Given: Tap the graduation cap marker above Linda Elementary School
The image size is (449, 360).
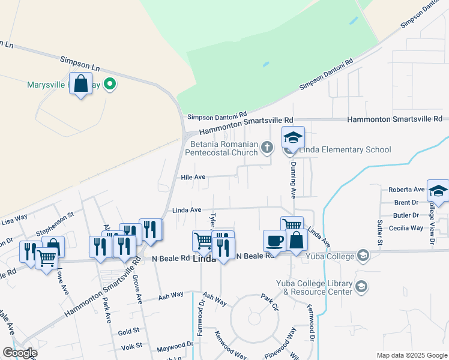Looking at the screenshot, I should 294,137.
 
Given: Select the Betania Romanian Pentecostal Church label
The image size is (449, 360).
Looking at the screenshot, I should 223,148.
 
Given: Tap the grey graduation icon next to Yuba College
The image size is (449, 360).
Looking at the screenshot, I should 363,256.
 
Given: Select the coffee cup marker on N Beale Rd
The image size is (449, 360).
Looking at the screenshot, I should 274,240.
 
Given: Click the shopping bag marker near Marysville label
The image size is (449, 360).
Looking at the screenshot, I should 80,83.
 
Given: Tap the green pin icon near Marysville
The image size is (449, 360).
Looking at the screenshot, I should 109,84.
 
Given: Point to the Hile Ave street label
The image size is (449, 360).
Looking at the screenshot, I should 193,177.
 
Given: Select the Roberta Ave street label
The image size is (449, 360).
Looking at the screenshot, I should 406,189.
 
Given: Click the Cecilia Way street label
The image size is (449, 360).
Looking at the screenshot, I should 406,228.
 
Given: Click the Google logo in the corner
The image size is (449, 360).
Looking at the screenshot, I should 20,353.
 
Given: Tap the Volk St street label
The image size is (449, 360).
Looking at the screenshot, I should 130,346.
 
